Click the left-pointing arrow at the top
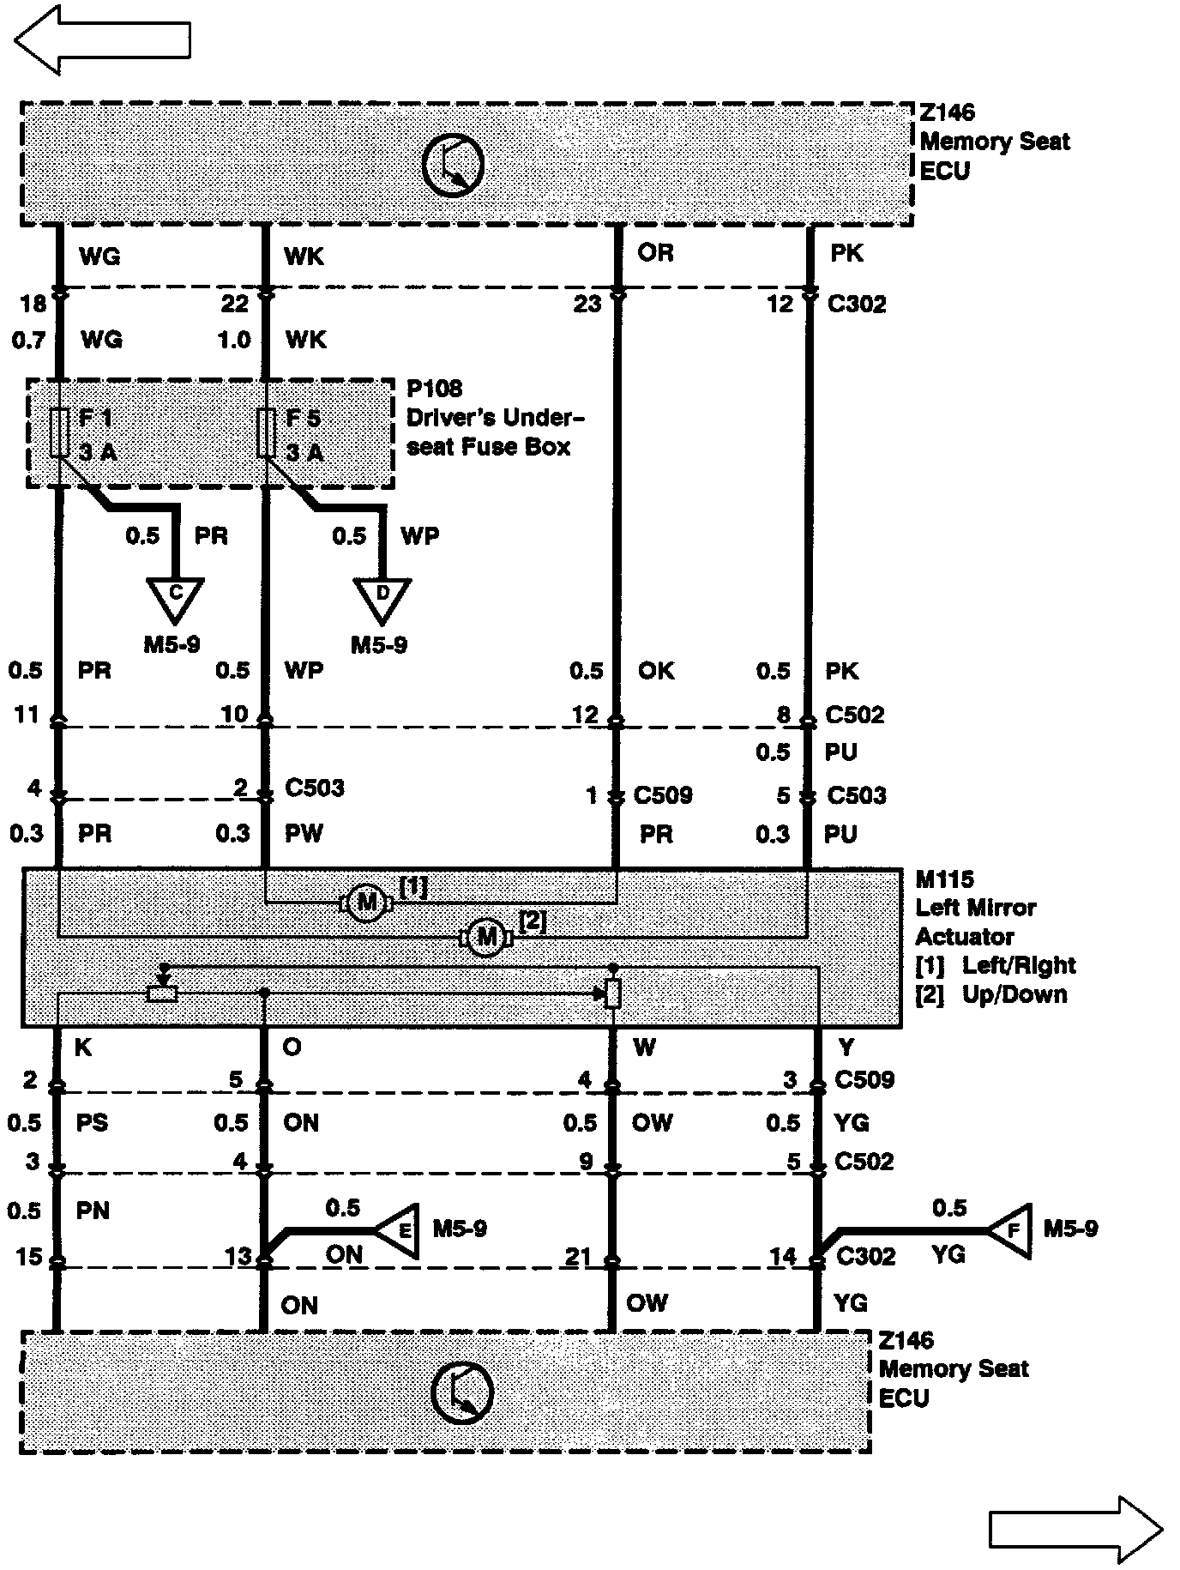tap(101, 39)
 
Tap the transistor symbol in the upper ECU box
tap(453, 165)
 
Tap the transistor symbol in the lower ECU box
tap(462, 1392)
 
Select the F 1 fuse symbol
tap(59, 432)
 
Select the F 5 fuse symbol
tap(266, 432)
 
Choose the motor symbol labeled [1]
tap(366, 903)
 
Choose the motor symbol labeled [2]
tap(486, 937)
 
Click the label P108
tap(434, 389)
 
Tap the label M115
tap(945, 879)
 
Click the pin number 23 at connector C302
tap(587, 304)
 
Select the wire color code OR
tap(655, 252)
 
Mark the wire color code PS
tap(92, 1123)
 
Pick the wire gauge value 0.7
tap(28, 341)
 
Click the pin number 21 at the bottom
tap(578, 1257)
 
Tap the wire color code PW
tap(304, 833)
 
